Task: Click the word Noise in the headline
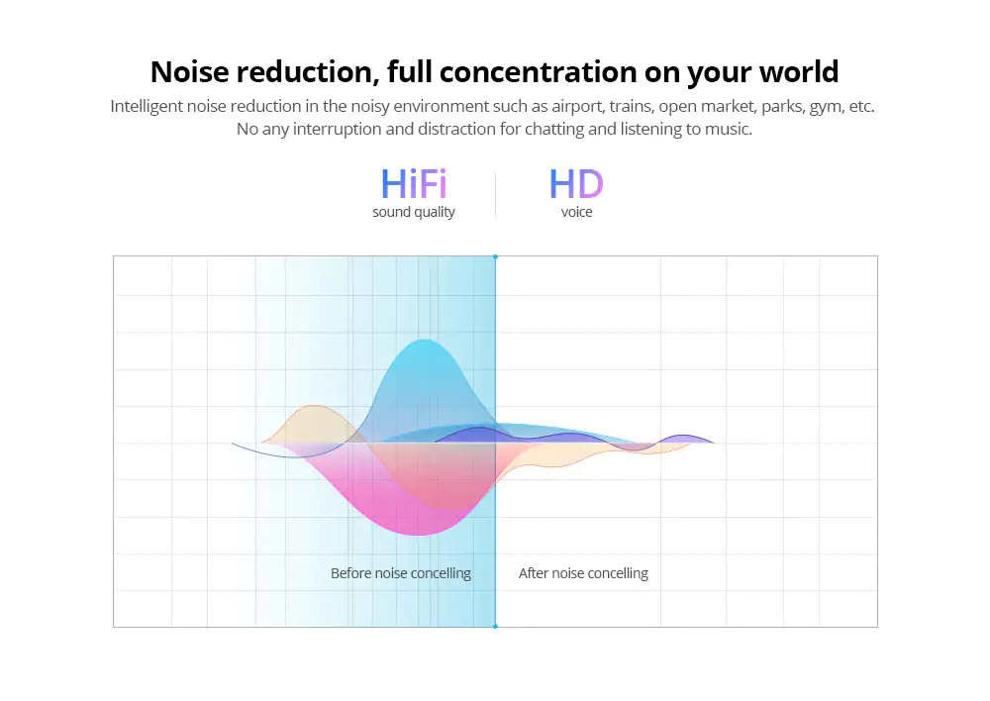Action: coord(189,71)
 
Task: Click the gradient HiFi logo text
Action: coord(414,184)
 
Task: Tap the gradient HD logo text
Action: coord(576,184)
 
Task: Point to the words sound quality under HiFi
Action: coord(414,212)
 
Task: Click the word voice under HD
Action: coord(576,212)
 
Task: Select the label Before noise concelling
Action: coord(401,573)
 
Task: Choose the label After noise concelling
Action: coord(583,573)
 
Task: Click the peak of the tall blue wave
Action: coord(425,341)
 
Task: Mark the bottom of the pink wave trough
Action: coord(419,535)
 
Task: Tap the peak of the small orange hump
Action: coord(315,406)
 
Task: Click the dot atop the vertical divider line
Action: coord(496,257)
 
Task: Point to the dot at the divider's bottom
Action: coord(496,627)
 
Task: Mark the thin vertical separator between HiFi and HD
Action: coord(496,194)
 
